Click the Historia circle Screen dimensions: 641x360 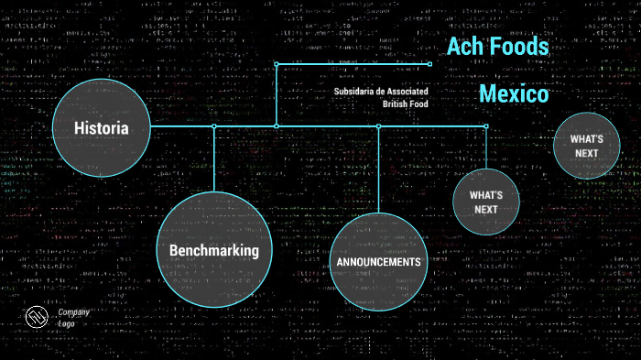coord(101,128)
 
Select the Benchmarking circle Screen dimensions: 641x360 coord(213,250)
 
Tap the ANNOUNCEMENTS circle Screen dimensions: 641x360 coord(377,262)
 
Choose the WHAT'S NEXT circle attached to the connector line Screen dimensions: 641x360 coord(485,202)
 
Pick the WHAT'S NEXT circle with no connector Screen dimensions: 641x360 coord(586,145)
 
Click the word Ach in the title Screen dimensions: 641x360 coord(464,47)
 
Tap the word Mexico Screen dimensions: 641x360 coord(514,93)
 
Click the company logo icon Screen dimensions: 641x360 coord(37,317)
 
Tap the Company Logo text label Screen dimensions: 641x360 coord(72,318)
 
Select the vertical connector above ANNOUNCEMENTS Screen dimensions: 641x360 coord(378,169)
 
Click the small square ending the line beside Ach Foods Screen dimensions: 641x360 coord(429,64)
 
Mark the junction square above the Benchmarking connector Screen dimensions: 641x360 coord(213,126)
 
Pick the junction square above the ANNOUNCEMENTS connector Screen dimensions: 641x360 coord(378,126)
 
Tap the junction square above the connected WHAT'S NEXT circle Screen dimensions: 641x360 coord(485,126)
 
